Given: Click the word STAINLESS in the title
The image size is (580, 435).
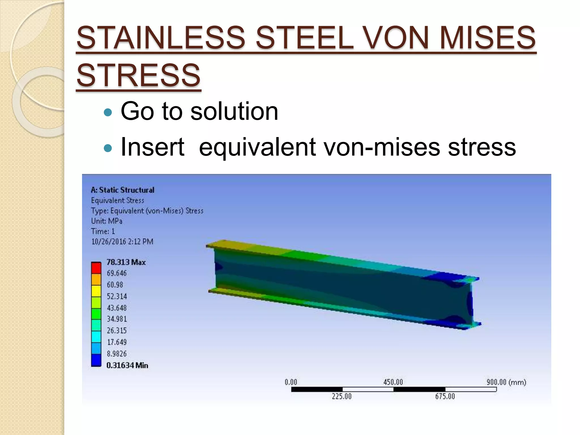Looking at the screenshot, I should (161, 38).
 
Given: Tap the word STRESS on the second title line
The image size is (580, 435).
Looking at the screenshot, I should (138, 75).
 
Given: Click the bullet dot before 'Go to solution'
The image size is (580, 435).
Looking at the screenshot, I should (108, 112).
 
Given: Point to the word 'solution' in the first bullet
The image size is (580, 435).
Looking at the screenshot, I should (234, 111).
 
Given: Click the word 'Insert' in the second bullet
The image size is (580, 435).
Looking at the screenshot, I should (152, 147).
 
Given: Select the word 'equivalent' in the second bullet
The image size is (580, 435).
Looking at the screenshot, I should (257, 147).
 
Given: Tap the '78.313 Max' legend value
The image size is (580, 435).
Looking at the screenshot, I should (126, 262).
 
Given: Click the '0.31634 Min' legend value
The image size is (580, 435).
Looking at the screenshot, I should (127, 365).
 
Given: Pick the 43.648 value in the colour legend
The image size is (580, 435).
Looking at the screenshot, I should (117, 308).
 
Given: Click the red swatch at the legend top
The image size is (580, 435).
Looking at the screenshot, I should (96, 268).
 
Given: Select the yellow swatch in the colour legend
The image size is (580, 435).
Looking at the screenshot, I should (96, 291).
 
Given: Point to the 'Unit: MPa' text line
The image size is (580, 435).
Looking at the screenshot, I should (107, 221).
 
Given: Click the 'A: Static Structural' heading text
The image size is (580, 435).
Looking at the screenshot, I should (123, 190).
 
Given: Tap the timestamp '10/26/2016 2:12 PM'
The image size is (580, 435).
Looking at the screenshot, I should (122, 242).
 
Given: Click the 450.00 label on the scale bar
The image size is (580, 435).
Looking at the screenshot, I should (393, 382).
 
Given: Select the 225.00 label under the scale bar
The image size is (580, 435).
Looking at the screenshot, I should (342, 396).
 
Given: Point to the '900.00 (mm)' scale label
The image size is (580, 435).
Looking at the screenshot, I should (506, 382).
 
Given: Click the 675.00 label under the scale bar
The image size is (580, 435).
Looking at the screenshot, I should (445, 396).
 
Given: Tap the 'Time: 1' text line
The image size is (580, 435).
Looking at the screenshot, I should (103, 231).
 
